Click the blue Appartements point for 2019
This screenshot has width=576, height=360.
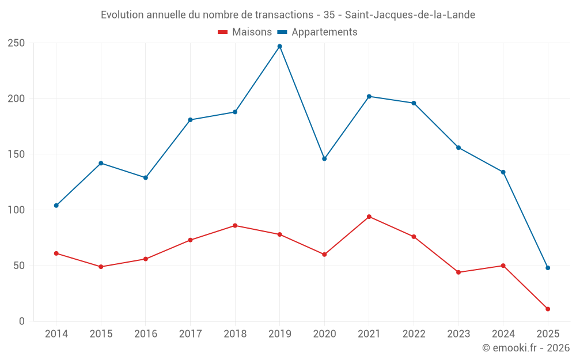pyautogui.click(x=280, y=46)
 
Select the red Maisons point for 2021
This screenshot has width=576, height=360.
pyautogui.click(x=369, y=217)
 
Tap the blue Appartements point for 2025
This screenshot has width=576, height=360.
pyautogui.click(x=548, y=268)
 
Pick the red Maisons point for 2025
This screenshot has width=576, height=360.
pyautogui.click(x=548, y=309)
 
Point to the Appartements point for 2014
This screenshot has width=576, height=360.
pyautogui.click(x=56, y=206)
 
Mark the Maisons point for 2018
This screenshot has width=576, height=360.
pyautogui.click(x=235, y=226)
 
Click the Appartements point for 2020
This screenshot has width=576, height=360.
pyautogui.click(x=324, y=158)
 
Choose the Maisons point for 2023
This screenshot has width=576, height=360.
pyautogui.click(x=458, y=272)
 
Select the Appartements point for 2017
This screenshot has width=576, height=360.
pyautogui.click(x=190, y=120)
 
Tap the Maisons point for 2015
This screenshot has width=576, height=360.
pyautogui.click(x=101, y=267)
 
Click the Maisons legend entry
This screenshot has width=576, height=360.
pyautogui.click(x=245, y=32)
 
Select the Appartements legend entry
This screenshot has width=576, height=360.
pyautogui.click(x=318, y=32)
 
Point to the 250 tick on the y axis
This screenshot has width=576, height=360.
pyautogui.click(x=16, y=43)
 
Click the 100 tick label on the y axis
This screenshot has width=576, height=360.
pyautogui.click(x=16, y=210)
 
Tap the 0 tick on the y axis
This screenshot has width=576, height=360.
pyautogui.click(x=21, y=321)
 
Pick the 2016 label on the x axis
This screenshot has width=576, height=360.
pyautogui.click(x=146, y=334)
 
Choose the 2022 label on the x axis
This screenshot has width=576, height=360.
pyautogui.click(x=414, y=334)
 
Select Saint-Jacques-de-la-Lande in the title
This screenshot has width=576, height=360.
pyautogui.click(x=410, y=15)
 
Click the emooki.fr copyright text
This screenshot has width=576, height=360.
pyautogui.click(x=526, y=348)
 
